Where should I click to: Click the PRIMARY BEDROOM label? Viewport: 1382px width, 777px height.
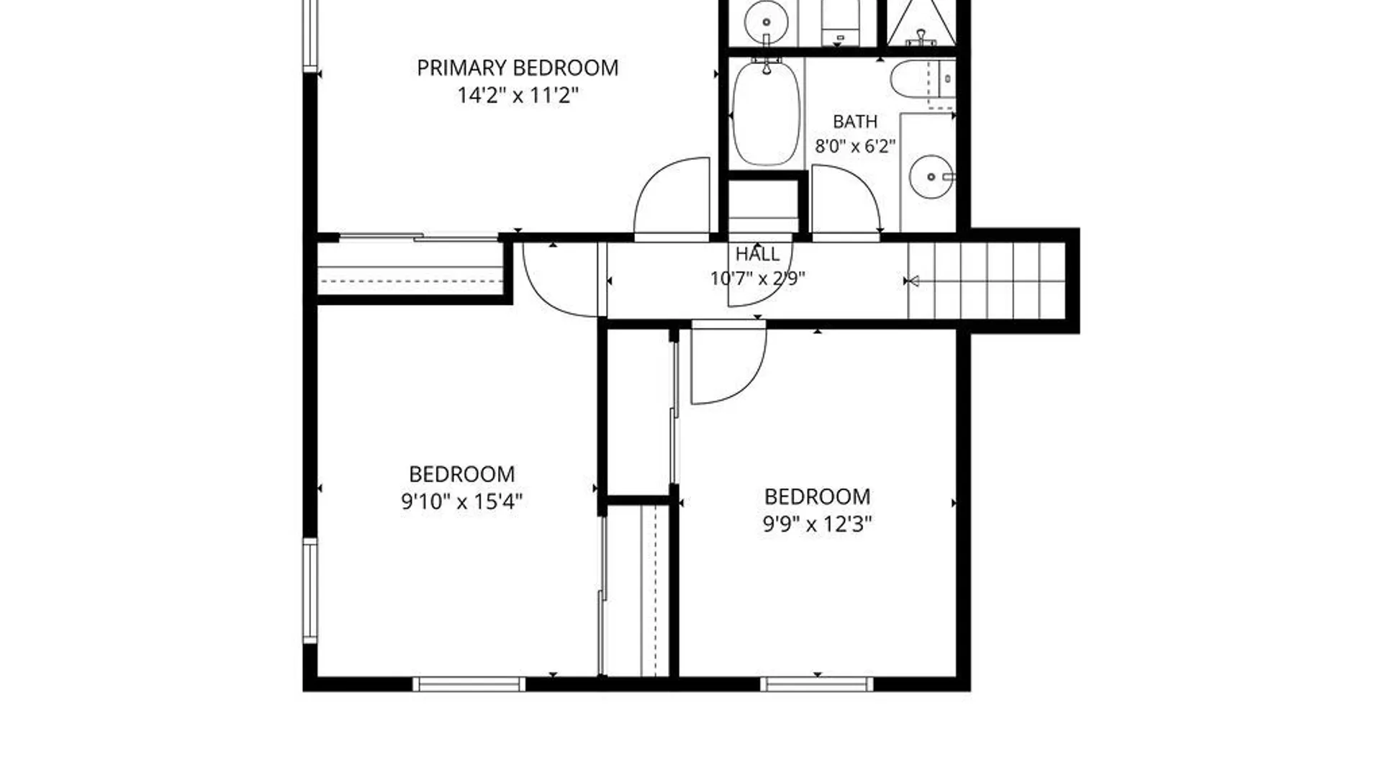[x=518, y=68]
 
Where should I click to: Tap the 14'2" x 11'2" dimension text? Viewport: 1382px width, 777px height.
[x=518, y=95]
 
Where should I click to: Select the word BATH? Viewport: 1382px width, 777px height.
[x=855, y=121]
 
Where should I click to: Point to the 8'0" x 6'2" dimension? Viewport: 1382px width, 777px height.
[x=855, y=146]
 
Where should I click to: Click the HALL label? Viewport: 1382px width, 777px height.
[x=757, y=254]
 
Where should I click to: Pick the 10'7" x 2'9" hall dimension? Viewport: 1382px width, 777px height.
[x=757, y=278]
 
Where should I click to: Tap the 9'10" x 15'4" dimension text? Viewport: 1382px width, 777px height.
[x=461, y=501]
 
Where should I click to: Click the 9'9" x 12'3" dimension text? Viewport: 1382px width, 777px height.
[x=817, y=524]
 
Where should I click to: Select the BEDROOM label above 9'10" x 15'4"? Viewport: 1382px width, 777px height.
[x=461, y=474]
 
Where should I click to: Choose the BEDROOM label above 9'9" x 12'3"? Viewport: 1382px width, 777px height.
[x=817, y=496]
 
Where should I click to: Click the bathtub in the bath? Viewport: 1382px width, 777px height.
[x=766, y=114]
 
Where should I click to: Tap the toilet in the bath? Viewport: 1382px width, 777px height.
[x=923, y=78]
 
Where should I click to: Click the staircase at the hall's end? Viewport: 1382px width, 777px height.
[x=986, y=281]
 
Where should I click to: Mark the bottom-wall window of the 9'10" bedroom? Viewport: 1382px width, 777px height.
[x=469, y=683]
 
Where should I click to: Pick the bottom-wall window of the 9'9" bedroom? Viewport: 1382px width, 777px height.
[x=817, y=683]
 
